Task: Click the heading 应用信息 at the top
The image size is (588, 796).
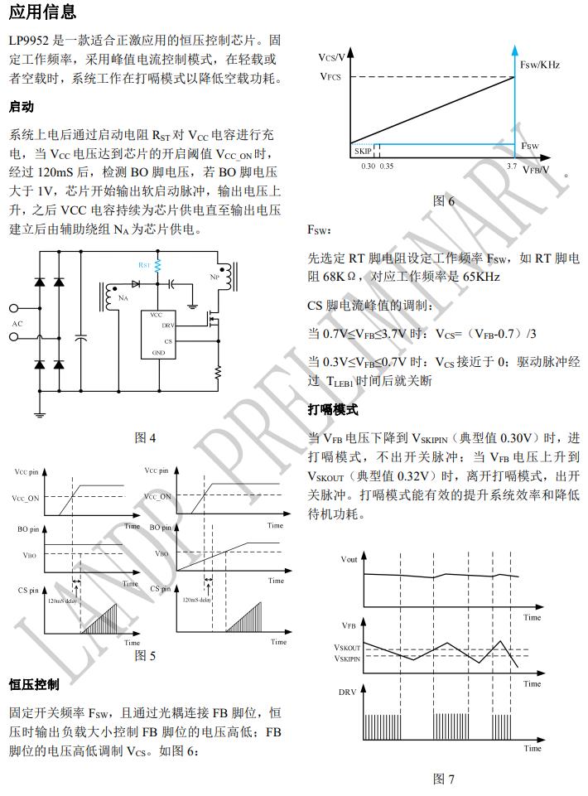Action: (x=42, y=12)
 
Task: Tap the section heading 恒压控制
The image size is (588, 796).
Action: (x=34, y=684)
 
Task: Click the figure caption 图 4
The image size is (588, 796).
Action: (x=145, y=438)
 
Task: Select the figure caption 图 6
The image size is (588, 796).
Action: (x=444, y=200)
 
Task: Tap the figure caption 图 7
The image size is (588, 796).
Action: (x=444, y=779)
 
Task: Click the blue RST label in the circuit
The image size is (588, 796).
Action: (x=144, y=266)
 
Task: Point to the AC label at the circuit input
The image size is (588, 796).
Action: (x=17, y=323)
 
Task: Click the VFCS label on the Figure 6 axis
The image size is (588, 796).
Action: (x=330, y=76)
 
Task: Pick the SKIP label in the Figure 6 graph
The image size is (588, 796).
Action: (x=363, y=151)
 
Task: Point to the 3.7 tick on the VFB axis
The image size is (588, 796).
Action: (x=511, y=166)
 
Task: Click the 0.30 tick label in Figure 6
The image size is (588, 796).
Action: (x=369, y=166)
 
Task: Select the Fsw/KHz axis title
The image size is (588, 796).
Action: (x=541, y=65)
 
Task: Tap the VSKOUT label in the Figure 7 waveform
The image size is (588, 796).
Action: (x=347, y=648)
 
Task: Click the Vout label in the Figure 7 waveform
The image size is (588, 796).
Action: (x=349, y=559)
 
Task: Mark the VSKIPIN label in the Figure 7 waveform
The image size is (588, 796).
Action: (x=347, y=659)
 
